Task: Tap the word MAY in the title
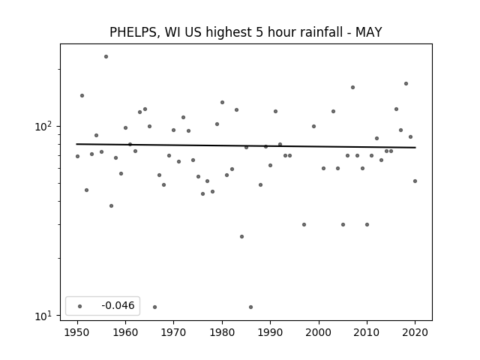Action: coord(368,32)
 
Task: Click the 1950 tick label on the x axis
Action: coord(77,332)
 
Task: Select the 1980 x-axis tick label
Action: coord(222,332)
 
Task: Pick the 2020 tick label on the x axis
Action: coord(415,332)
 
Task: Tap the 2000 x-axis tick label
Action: coord(319,332)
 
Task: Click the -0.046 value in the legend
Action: coord(118,305)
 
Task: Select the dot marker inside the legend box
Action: coord(80,306)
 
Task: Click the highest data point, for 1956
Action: coord(106,57)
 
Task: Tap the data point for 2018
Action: coord(406,83)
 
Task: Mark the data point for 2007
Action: coord(352,87)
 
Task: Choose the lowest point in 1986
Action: coord(250,307)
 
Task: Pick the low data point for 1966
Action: coord(154,307)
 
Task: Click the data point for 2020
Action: coord(415,181)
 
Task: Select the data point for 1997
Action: coord(304,224)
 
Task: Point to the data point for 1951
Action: coord(82,95)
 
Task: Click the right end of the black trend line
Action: coord(415,148)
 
